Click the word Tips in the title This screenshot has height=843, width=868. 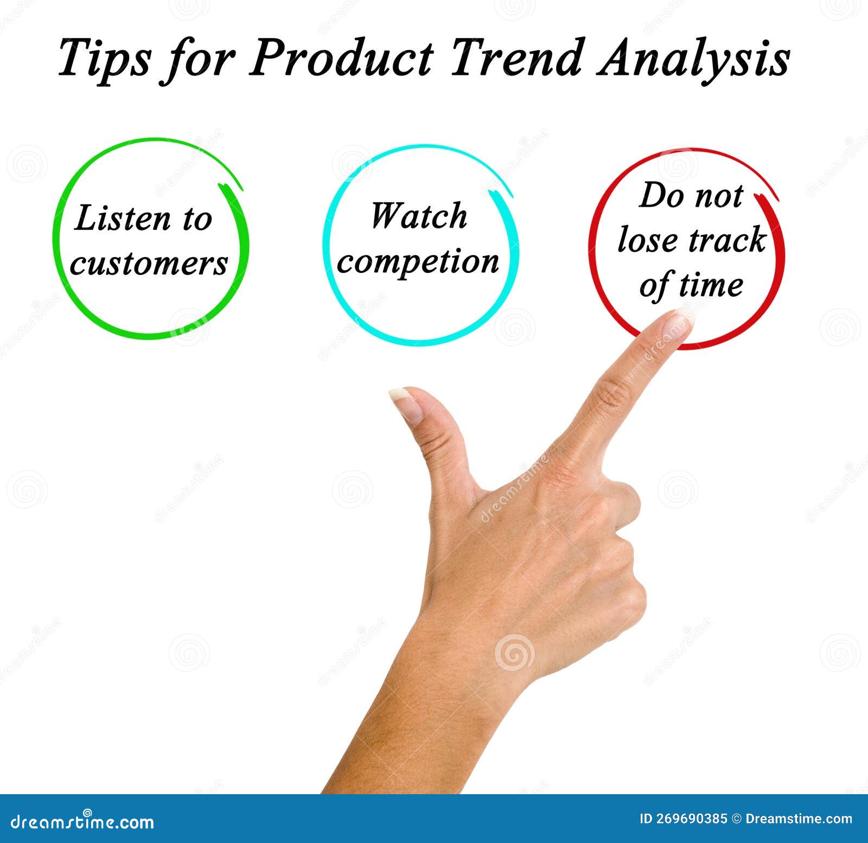[103, 59]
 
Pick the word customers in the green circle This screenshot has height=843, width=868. [149, 264]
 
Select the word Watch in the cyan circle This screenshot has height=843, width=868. [418, 216]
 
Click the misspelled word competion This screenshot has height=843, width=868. [418, 262]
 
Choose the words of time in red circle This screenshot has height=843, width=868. [691, 285]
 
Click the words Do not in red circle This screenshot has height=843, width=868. [691, 195]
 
